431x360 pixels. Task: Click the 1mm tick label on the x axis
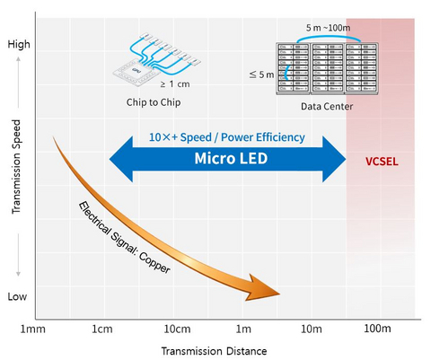33,330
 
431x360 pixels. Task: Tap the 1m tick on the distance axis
243,330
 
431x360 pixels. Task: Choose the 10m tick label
311,330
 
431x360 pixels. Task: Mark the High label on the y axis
18,44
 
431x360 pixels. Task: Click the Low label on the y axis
18,296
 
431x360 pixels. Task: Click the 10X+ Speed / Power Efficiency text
227,137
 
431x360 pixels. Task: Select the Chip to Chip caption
155,101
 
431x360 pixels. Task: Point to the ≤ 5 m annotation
261,74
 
